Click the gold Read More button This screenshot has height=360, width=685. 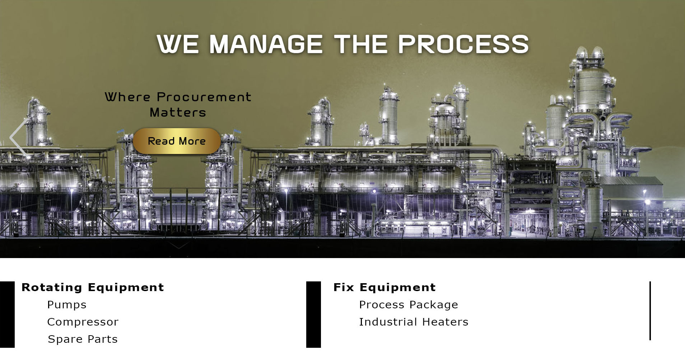[177, 141]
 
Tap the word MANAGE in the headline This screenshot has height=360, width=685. [266, 44]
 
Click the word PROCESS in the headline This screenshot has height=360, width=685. [463, 44]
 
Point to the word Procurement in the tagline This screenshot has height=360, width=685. [204, 97]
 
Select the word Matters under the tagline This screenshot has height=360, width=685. [178, 113]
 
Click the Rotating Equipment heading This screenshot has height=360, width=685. [93, 287]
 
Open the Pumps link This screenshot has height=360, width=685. [67, 305]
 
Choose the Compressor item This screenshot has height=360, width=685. [83, 322]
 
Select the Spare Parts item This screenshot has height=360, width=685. [83, 339]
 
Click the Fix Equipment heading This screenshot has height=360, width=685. [385, 287]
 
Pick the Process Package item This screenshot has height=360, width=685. [409, 305]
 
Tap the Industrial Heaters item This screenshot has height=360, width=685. [414, 322]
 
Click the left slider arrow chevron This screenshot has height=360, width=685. [18, 138]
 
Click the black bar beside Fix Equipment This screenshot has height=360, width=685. [313, 314]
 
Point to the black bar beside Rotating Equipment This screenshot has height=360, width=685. [7, 314]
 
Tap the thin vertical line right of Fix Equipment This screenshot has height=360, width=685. [650, 311]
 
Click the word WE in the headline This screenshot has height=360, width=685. [178, 44]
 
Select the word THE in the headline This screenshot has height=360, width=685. [360, 44]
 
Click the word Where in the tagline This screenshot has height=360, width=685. [127, 97]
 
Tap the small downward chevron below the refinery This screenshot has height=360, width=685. [179, 246]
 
